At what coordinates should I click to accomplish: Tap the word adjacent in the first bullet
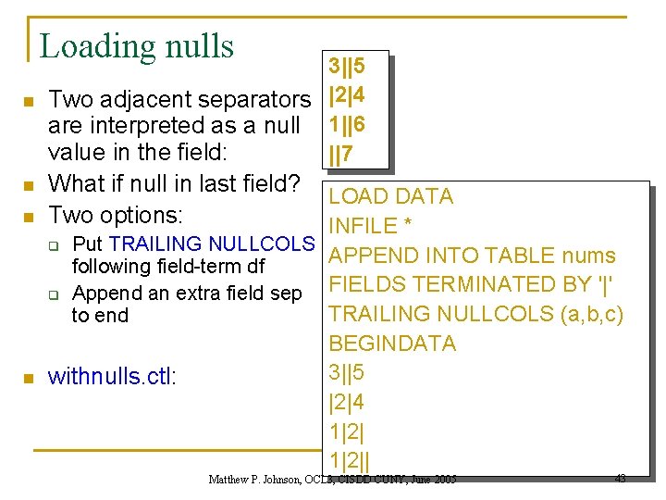tap(152, 99)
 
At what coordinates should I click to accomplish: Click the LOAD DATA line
tap(391, 196)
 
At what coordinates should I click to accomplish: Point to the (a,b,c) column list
tap(592, 314)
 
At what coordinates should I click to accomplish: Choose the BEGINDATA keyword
tap(392, 344)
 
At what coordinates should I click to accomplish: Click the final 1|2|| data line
tap(350, 461)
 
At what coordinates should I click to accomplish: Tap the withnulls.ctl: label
tap(111, 376)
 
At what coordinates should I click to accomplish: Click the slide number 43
tap(620, 479)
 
